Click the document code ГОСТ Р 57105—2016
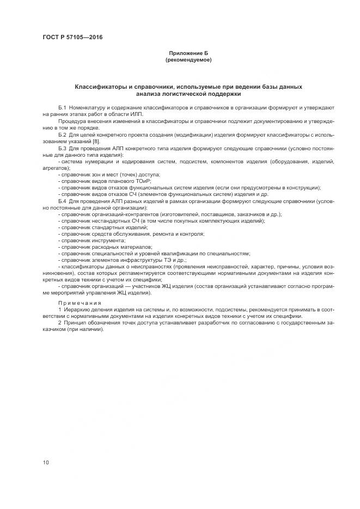[x=73, y=38]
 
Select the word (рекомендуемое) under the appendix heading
[x=188, y=60]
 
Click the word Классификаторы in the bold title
[x=100, y=87]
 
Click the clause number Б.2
[x=62, y=134]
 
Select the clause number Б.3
[x=62, y=148]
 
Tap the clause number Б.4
[x=62, y=201]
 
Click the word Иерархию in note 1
[x=75, y=310]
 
